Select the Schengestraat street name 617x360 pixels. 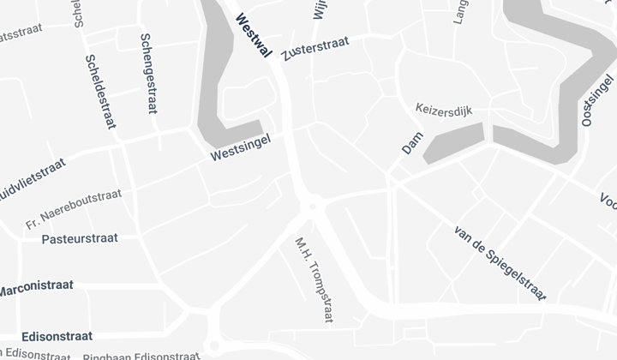148,73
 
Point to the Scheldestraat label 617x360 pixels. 100,92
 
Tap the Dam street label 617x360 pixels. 412,143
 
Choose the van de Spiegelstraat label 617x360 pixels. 500,262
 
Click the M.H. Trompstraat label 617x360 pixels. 313,280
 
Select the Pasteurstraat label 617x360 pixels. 80,238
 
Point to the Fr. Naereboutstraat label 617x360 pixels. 73,210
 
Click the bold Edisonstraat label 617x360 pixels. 45,337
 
